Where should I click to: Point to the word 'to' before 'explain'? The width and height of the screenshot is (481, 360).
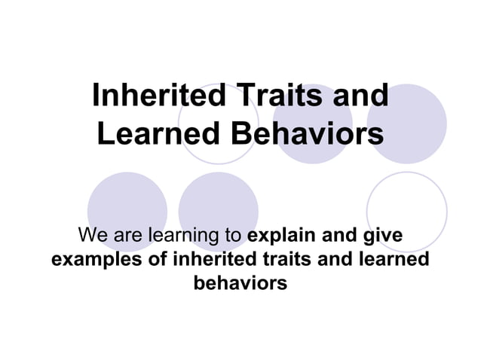click(232, 236)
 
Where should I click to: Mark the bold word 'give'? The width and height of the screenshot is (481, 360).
click(382, 236)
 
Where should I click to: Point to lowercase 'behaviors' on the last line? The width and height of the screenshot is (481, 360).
click(240, 285)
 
